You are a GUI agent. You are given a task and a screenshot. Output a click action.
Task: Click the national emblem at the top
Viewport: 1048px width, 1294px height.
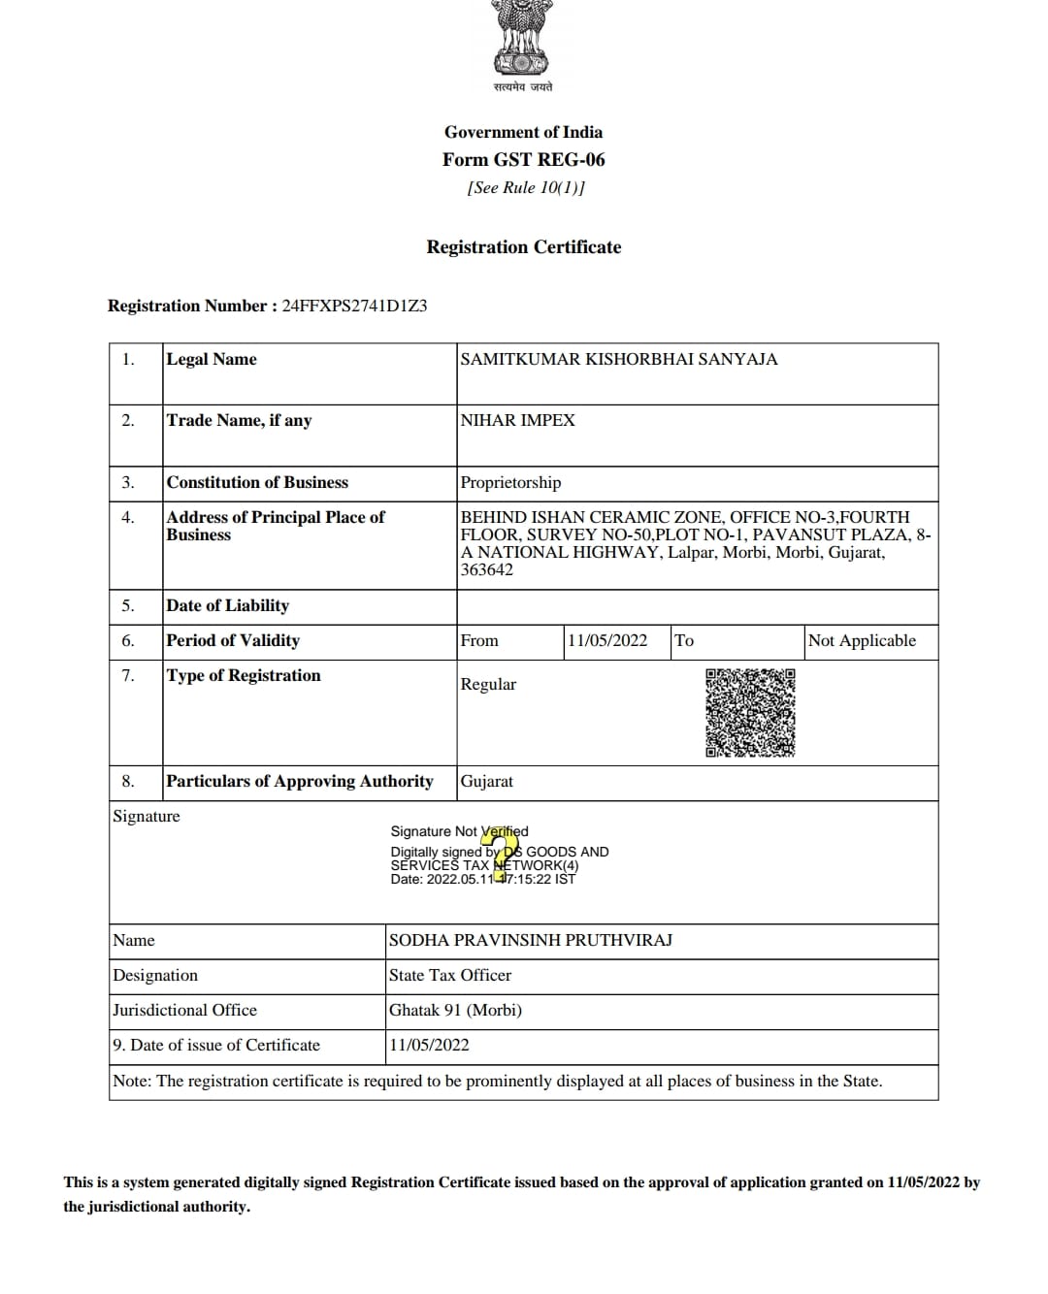[x=523, y=39]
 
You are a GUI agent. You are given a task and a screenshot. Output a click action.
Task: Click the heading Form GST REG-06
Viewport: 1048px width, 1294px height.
[x=523, y=160]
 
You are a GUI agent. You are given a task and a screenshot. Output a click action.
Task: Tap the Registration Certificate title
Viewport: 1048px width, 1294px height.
[x=523, y=247]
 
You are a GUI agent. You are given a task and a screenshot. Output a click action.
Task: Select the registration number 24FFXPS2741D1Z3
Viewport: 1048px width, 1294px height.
[x=354, y=307]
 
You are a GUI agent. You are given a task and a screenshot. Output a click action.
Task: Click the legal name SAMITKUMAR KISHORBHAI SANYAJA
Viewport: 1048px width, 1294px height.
[x=618, y=360]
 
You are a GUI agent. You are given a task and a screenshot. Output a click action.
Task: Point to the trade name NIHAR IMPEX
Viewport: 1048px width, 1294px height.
[x=517, y=421]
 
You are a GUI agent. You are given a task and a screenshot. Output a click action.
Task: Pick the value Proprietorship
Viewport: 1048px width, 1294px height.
[x=510, y=483]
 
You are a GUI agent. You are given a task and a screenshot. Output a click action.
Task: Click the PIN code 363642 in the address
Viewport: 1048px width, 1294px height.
[x=486, y=570]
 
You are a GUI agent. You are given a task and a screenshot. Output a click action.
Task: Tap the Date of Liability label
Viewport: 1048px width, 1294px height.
[x=227, y=606]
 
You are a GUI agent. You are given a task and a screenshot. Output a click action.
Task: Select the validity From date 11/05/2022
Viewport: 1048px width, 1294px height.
[x=607, y=641]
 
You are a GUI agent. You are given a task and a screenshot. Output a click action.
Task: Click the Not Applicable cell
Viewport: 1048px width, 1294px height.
[x=862, y=641]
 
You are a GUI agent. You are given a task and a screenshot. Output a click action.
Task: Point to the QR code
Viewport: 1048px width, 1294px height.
[x=750, y=713]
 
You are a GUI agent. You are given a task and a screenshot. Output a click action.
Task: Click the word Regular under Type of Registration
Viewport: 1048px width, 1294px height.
[x=488, y=685]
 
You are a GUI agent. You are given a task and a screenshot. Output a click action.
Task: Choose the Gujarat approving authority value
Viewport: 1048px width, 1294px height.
[x=486, y=782]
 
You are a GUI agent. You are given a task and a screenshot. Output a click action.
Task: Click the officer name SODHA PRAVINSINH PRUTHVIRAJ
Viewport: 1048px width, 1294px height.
[x=530, y=941]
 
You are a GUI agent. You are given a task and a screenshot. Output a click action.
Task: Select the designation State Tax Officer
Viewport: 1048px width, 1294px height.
[x=449, y=976]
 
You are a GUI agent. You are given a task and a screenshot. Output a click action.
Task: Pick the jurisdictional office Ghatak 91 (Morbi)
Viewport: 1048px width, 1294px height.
[x=455, y=1011]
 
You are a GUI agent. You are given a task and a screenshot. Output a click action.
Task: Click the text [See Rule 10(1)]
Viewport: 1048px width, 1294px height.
[x=525, y=188]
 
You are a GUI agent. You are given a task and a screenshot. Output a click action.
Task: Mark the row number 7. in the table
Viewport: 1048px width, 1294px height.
[x=127, y=676]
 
